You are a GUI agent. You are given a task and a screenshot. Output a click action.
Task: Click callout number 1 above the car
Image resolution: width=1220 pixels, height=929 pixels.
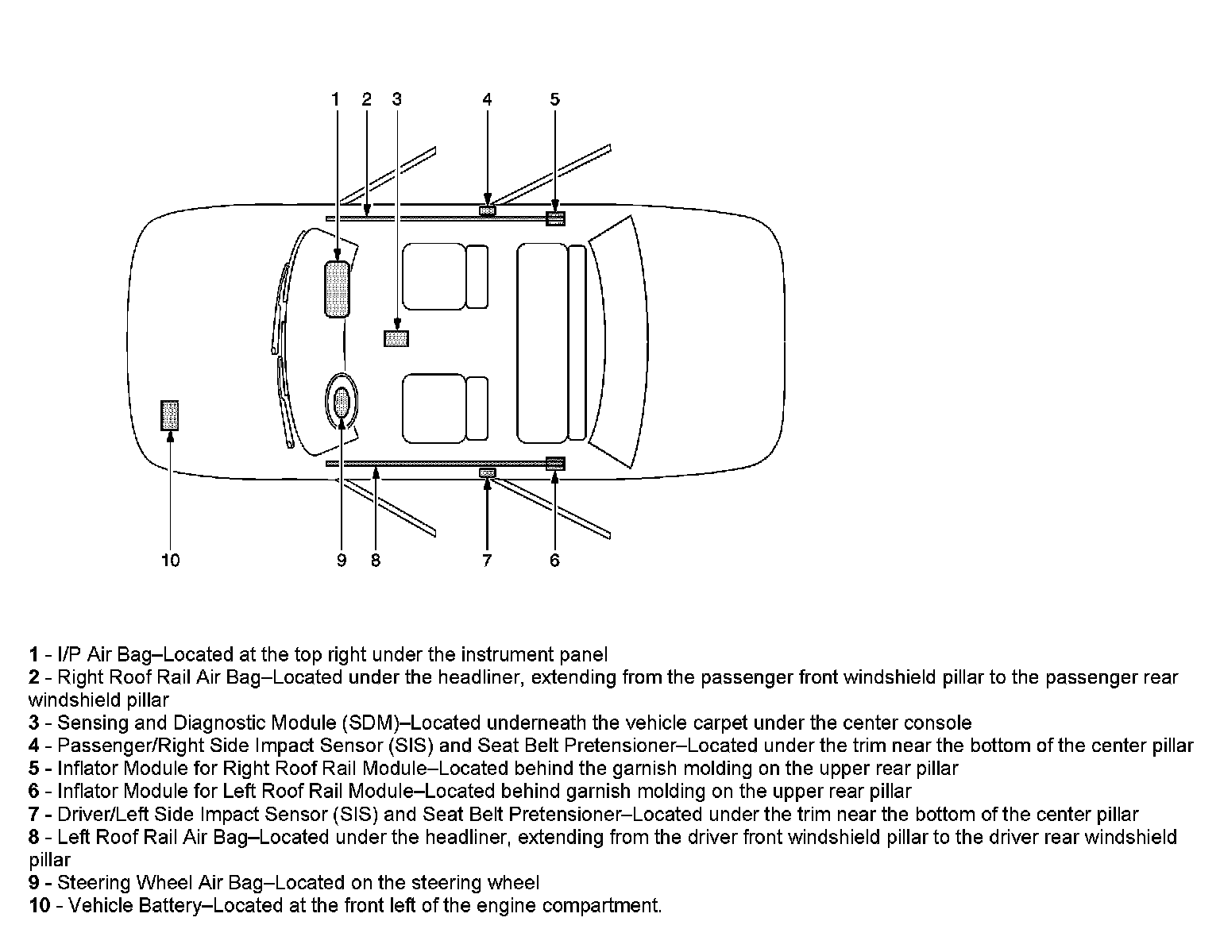pos(335,99)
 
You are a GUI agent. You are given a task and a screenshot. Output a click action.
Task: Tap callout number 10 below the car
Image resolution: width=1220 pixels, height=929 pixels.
pos(171,561)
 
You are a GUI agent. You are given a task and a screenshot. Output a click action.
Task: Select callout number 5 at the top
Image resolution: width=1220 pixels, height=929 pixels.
pos(554,99)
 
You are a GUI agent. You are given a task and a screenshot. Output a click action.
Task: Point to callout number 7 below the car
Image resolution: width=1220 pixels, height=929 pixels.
pos(487,561)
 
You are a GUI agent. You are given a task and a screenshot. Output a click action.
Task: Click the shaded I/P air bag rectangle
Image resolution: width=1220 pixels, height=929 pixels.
pos(337,289)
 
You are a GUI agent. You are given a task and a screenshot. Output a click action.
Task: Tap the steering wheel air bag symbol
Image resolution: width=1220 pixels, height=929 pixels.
pos(342,403)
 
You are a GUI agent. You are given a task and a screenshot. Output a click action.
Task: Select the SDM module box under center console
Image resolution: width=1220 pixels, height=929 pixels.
pos(396,338)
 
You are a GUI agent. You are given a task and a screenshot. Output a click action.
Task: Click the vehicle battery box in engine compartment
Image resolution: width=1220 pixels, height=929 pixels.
pos(170,415)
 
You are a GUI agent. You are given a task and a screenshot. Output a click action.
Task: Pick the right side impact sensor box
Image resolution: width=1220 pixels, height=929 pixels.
pos(487,210)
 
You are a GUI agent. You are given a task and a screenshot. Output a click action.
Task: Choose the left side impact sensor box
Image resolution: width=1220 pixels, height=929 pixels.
pos(487,473)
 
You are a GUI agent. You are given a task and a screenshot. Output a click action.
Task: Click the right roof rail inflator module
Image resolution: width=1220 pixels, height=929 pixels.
pos(555,218)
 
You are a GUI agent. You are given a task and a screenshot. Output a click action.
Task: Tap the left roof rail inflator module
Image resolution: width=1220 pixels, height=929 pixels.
pos(555,464)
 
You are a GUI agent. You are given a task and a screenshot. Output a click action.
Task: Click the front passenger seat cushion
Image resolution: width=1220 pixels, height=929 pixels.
pos(433,276)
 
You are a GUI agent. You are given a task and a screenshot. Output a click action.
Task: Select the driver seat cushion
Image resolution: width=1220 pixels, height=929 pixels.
pos(433,409)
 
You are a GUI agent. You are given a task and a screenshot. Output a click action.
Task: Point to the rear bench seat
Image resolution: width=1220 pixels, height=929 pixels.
pos(542,343)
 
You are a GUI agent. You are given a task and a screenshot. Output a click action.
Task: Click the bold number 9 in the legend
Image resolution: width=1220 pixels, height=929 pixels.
pos(34,883)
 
